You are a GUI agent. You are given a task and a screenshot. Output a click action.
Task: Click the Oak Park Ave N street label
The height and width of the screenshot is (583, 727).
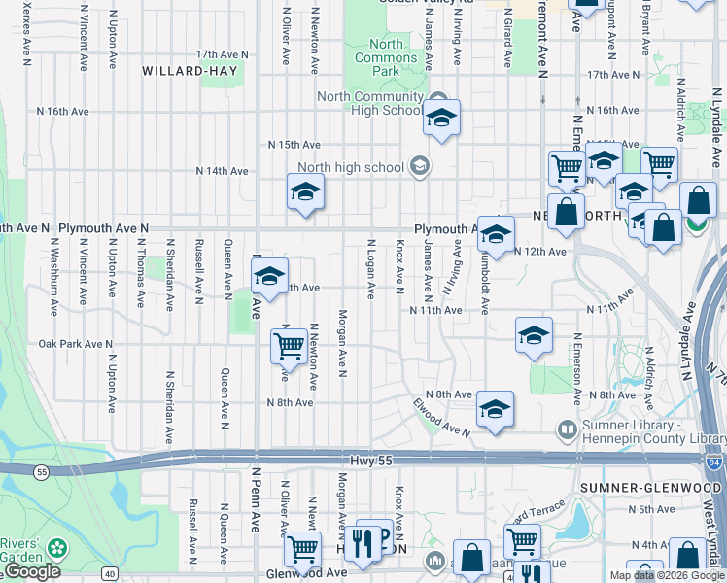pyautogui.click(x=76, y=344)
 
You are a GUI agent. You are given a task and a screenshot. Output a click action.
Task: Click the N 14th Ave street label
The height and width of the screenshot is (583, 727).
pyautogui.click(x=223, y=171)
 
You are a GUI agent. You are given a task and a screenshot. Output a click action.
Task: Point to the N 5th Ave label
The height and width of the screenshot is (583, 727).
pyautogui.click(x=651, y=509)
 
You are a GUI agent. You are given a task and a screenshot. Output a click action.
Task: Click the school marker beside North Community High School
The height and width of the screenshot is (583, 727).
pyautogui.click(x=441, y=119)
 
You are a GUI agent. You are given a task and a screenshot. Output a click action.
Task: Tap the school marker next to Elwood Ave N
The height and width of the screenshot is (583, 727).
pyautogui.click(x=494, y=409)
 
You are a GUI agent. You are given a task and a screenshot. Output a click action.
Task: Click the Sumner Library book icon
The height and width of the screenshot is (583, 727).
pyautogui.click(x=567, y=429)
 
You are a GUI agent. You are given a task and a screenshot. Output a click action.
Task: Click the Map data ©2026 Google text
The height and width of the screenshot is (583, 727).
pyautogui.click(x=668, y=575)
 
